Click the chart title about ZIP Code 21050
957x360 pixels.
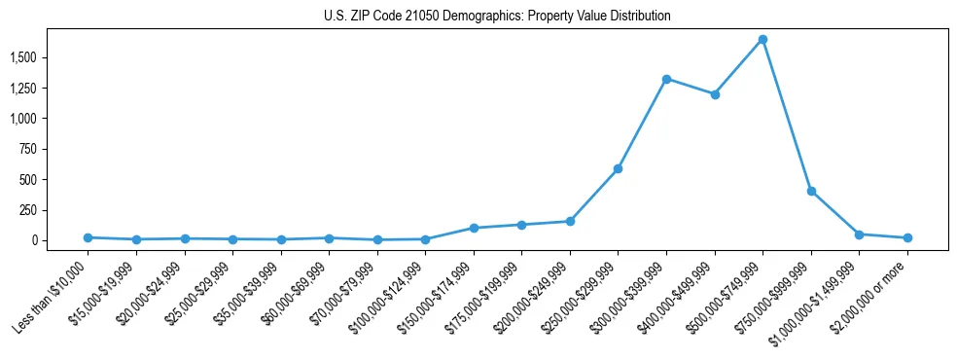(497, 17)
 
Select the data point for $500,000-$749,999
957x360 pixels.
(762, 40)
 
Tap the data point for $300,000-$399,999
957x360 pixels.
(666, 79)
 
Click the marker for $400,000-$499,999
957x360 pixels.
(715, 94)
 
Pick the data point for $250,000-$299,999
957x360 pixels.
(618, 169)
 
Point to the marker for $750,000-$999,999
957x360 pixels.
(811, 192)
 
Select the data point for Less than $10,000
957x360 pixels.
(88, 237)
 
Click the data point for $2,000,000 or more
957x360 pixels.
(907, 237)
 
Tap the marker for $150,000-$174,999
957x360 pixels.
(474, 228)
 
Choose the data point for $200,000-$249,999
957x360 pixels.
(570, 221)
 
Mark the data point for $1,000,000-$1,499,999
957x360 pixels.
(859, 234)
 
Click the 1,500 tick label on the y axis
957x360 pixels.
(22, 58)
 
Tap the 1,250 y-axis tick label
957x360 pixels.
(22, 89)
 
